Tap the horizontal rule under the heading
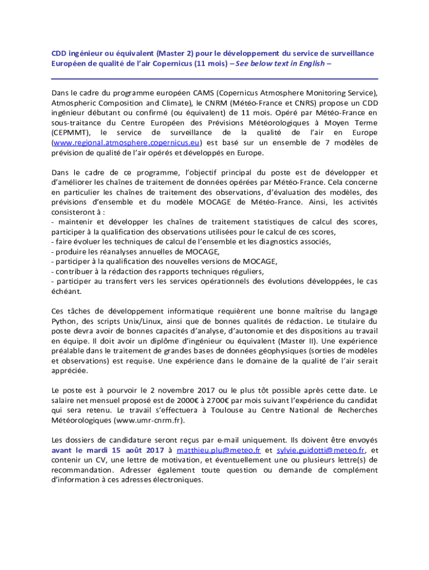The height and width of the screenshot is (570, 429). tap(214, 78)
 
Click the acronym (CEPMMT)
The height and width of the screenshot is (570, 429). tap(70, 133)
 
